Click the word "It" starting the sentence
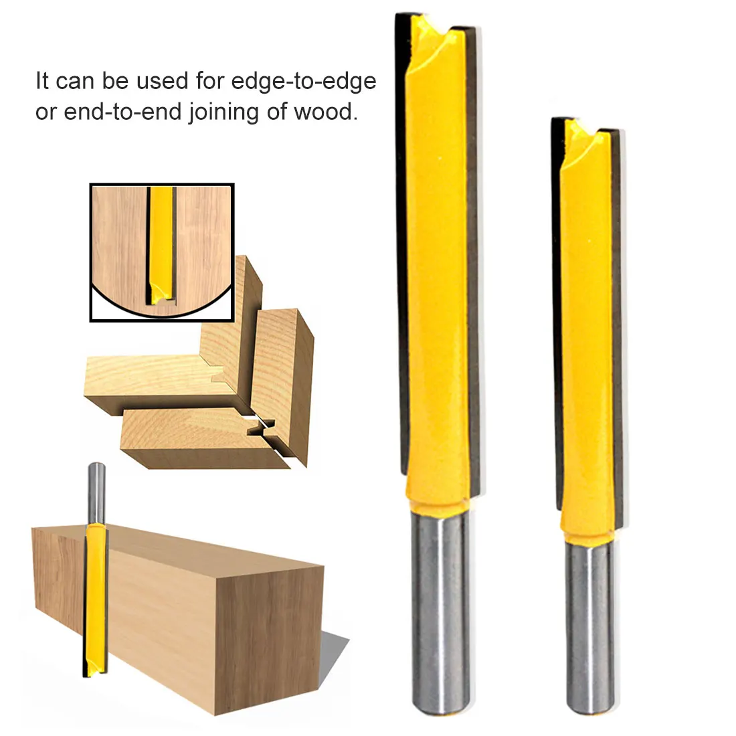pyautogui.click(x=41, y=81)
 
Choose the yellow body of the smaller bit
pyautogui.click(x=587, y=329)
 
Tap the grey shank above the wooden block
pyautogui.click(x=96, y=494)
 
